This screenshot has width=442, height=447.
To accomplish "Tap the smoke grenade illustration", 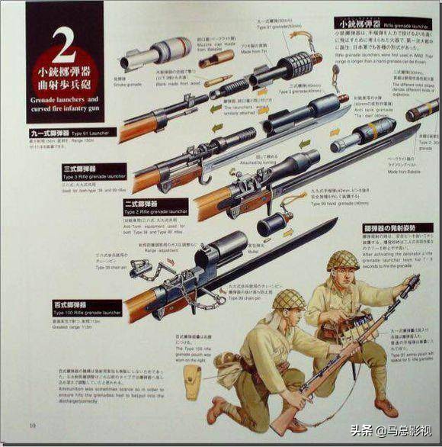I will pyautogui.click(x=149, y=54).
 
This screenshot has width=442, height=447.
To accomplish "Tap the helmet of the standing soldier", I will pyautogui.click(x=343, y=261).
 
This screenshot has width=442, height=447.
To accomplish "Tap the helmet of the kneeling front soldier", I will pyautogui.click(x=289, y=299).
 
